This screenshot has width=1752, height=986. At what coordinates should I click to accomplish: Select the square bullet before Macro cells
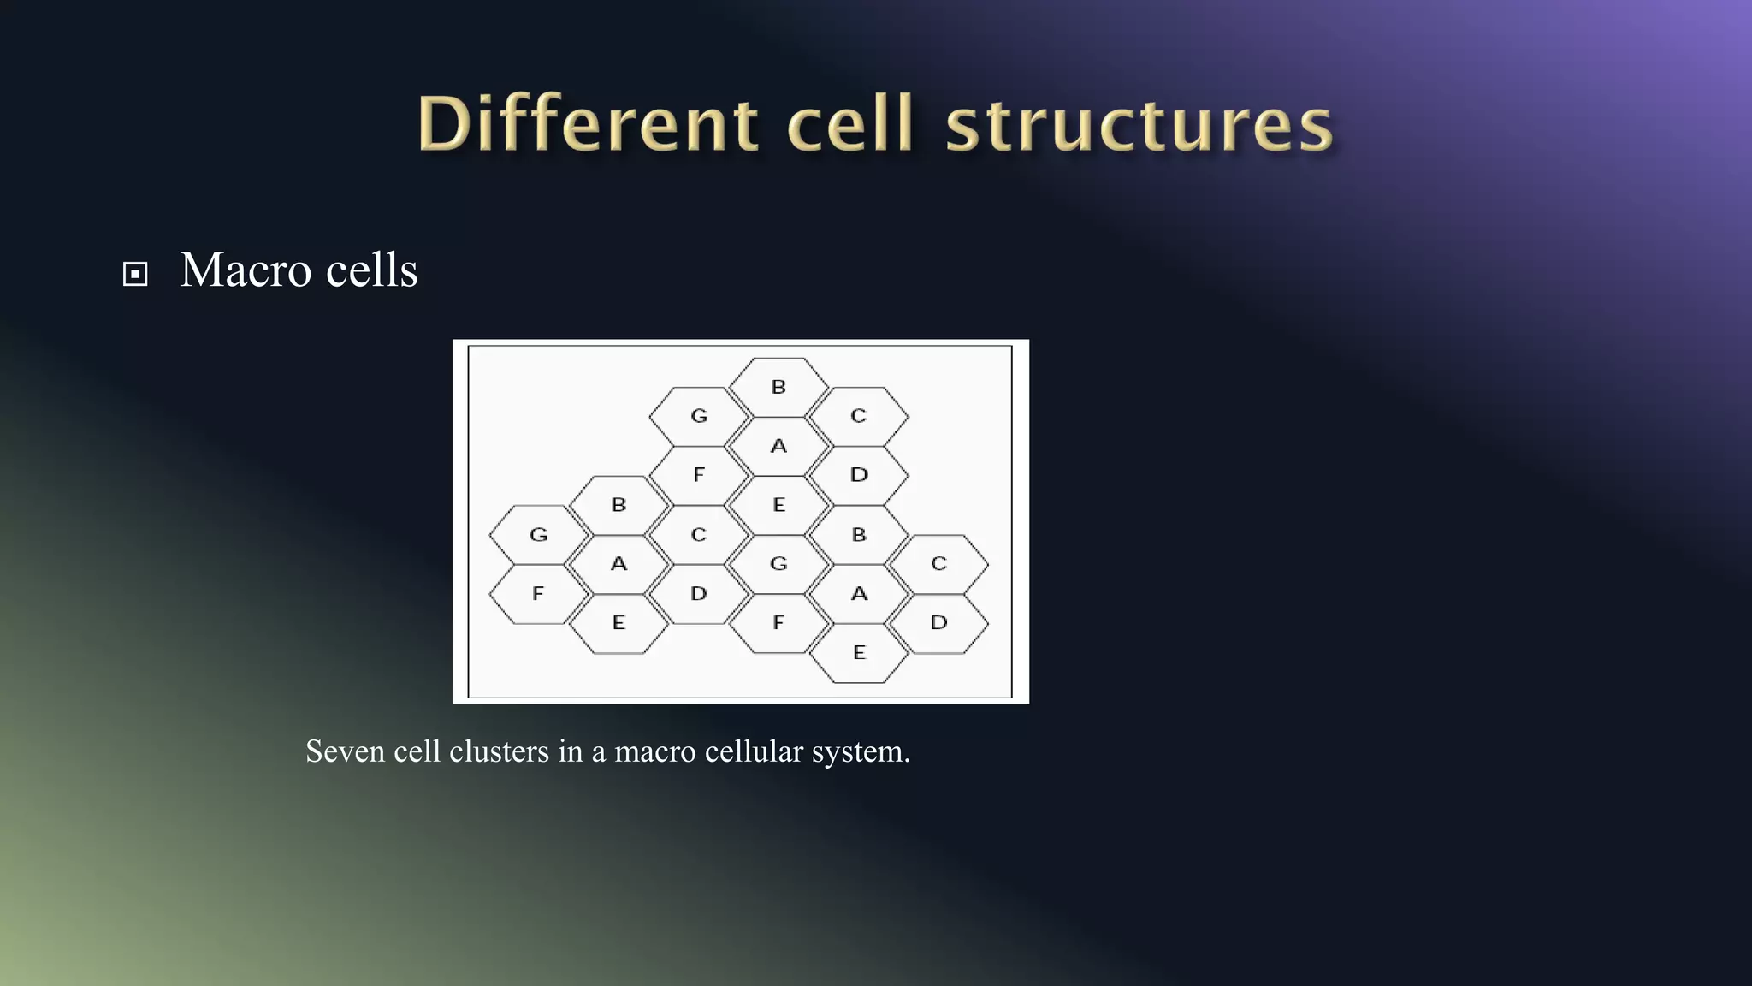(x=135, y=274)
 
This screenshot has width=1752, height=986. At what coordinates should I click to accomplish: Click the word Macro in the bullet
(x=245, y=270)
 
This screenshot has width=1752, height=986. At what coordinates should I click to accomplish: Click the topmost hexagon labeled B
(x=778, y=387)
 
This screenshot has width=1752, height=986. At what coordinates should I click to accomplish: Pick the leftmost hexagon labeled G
(x=538, y=535)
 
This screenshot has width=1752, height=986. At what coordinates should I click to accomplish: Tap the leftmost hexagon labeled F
(x=538, y=594)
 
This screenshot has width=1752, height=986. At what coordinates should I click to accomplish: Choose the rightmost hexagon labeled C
(x=938, y=564)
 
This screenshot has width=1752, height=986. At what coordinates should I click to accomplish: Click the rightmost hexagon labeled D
(x=938, y=623)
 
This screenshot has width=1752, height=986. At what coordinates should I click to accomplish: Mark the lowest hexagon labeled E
(x=859, y=653)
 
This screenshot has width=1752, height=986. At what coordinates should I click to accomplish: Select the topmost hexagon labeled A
(x=778, y=446)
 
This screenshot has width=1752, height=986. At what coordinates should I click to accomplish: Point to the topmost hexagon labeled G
(x=699, y=416)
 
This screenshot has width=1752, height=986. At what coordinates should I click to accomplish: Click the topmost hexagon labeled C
(x=859, y=416)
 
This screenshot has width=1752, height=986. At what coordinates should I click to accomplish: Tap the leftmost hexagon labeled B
(x=619, y=505)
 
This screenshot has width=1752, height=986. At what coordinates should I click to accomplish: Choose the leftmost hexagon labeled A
(x=619, y=564)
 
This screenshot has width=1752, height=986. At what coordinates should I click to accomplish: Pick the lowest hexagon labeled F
(x=778, y=623)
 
